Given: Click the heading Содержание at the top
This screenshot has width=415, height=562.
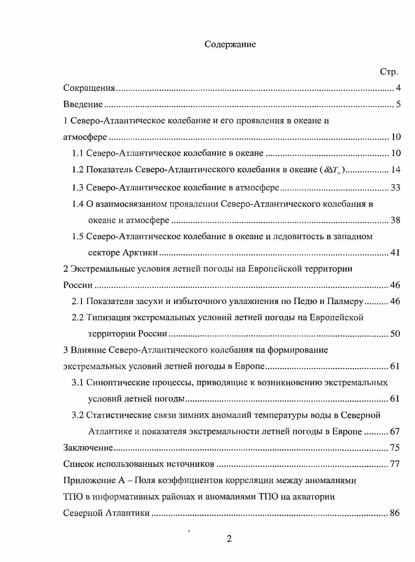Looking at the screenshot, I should coord(230,45).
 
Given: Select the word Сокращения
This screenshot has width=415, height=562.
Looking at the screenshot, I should coord(89,88).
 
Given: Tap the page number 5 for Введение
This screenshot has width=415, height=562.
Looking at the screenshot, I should coord(398,104).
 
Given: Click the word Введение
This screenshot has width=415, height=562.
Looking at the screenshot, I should coord(83,104).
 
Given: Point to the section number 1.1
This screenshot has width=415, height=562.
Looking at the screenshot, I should coord(77,154).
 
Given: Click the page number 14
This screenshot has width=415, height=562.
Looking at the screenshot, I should coord(395,170).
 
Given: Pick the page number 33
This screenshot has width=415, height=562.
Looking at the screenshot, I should coord(395,188).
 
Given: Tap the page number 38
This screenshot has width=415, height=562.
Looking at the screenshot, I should coord(395,220).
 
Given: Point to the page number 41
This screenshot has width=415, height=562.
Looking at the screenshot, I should coord(395,253).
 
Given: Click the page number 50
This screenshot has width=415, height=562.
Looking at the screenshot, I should coord(395,334).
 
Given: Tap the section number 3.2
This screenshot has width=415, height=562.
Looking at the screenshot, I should coord(77,415).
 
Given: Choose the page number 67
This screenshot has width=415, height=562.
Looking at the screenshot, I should coord(395,431).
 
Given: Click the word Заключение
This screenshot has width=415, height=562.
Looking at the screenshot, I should coord(88,448).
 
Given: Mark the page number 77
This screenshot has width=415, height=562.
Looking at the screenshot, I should coord(395,464).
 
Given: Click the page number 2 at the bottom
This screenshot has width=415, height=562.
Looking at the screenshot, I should coord(229,539).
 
